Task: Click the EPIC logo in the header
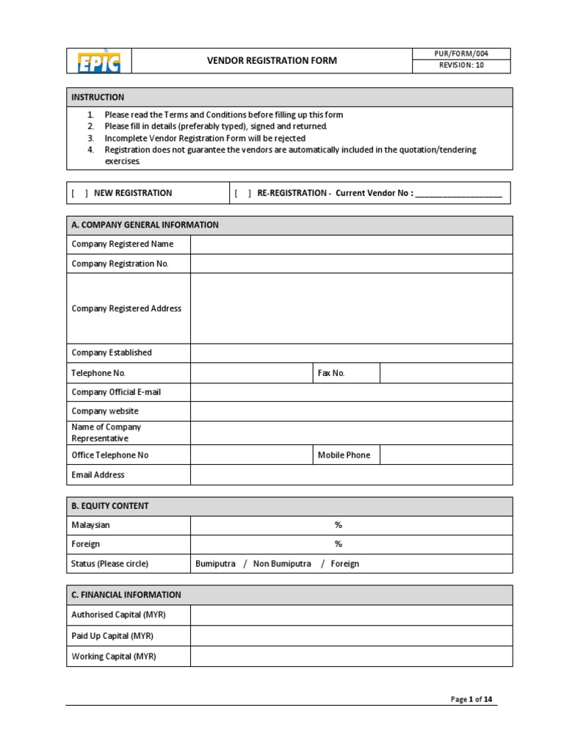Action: click(99, 62)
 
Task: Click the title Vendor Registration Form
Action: click(272, 61)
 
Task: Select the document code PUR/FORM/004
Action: click(461, 54)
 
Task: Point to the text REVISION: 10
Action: click(461, 66)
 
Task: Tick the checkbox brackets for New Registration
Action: click(80, 193)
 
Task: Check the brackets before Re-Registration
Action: click(243, 193)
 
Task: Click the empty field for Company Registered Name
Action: click(351, 245)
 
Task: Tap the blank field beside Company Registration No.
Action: click(351, 264)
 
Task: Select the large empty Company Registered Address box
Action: click(351, 308)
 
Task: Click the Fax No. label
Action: click(331, 373)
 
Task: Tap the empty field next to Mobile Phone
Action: click(446, 455)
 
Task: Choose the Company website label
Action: click(105, 411)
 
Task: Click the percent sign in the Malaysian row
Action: click(339, 525)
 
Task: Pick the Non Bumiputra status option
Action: click(282, 564)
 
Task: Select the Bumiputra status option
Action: click(216, 564)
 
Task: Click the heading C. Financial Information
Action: click(126, 595)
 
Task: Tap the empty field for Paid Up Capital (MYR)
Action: click(351, 636)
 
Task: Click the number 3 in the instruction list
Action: click(91, 138)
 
